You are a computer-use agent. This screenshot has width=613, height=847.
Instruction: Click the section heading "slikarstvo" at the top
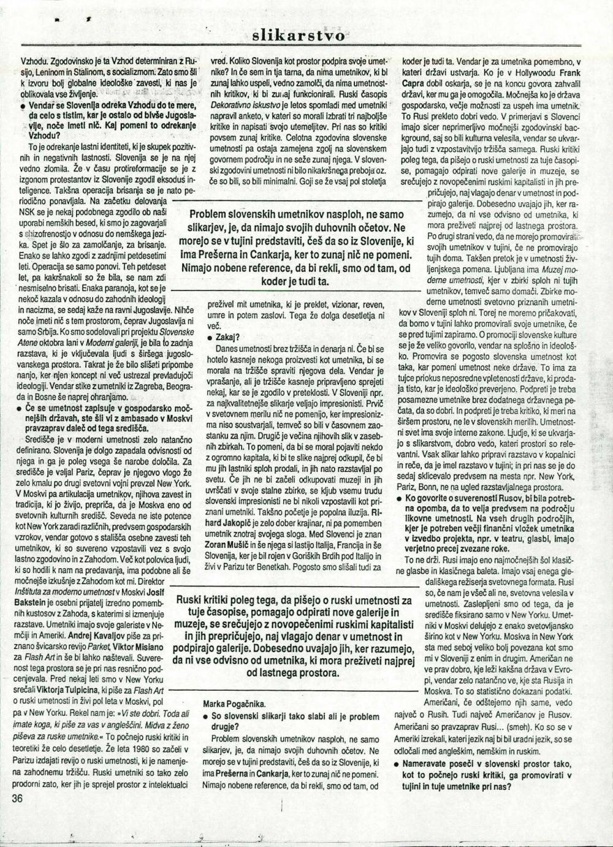(303, 36)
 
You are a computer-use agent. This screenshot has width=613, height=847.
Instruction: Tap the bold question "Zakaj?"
(228, 337)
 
